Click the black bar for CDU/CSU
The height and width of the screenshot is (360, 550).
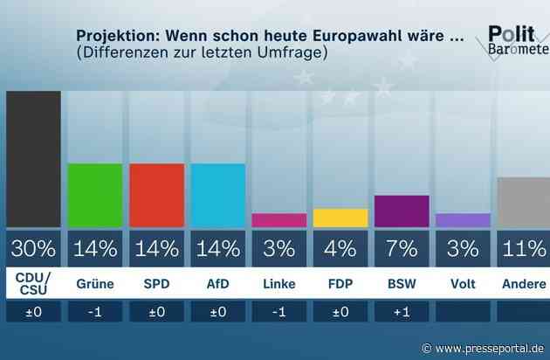point(33,158)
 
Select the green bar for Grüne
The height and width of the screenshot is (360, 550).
point(95,194)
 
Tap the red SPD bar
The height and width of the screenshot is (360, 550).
point(156,194)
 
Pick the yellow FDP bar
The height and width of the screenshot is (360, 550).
point(340,218)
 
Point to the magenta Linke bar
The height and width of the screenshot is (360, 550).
point(278,220)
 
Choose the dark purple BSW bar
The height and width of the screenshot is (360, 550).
point(402,211)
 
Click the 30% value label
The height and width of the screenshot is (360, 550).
point(33,248)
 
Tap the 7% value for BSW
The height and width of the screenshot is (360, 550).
point(402,248)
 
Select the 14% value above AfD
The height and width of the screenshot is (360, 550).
point(217,248)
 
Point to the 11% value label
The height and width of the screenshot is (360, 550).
point(524,248)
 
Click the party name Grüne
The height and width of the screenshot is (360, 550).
point(95,284)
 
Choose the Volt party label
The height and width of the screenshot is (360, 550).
point(463,284)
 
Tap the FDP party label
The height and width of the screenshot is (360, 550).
point(340,284)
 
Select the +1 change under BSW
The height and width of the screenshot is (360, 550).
point(402,312)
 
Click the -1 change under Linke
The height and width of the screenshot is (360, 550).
point(278,312)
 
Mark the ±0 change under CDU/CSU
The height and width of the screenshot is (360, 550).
point(33,312)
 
